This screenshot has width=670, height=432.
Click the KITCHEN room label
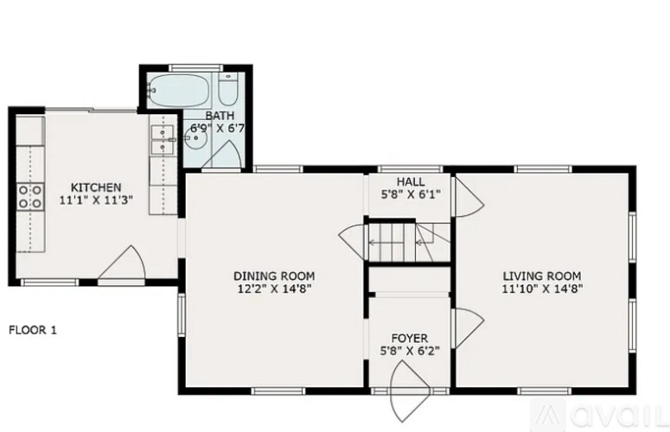click(x=95, y=187)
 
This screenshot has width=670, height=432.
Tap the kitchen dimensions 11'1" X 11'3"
click(x=95, y=201)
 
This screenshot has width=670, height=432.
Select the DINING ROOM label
click(x=271, y=276)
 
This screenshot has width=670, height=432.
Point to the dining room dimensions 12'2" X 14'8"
click(x=271, y=289)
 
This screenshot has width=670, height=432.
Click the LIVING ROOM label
click(x=542, y=276)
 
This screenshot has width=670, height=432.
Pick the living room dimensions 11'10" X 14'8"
click(x=542, y=289)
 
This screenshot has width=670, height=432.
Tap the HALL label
click(x=410, y=181)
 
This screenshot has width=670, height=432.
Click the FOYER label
click(x=409, y=338)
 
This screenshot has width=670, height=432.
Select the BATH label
click(x=220, y=115)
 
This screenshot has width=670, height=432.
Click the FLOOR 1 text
click(x=34, y=329)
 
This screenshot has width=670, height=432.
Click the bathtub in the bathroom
click(x=177, y=88)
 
